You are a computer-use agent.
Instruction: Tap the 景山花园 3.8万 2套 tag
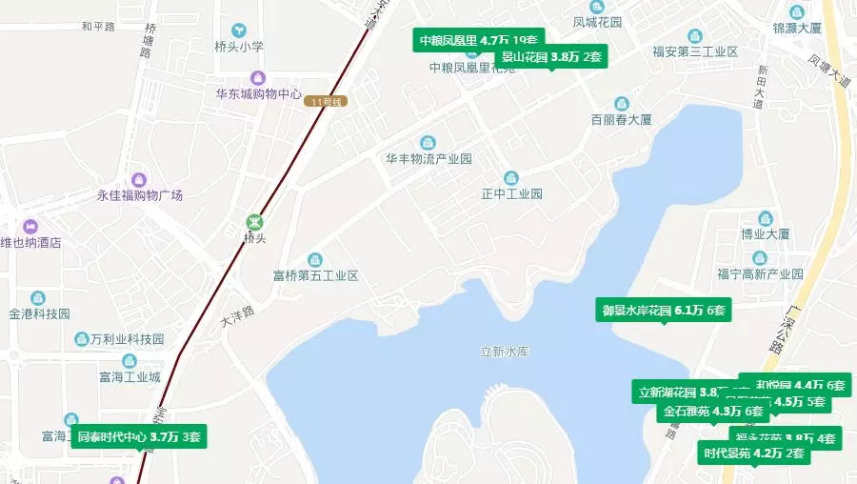[551, 56]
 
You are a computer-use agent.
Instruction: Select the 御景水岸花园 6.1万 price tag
[663, 310]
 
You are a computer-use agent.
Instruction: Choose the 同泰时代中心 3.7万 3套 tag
[138, 437]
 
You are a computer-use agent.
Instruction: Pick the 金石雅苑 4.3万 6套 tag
[713, 412]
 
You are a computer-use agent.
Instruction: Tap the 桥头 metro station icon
[253, 220]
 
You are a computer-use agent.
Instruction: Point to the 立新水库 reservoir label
[504, 352]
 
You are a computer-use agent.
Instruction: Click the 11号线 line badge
[325, 102]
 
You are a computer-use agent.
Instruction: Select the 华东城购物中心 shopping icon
[257, 77]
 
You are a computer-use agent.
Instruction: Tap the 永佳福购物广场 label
[139, 195]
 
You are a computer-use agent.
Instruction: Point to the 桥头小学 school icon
[238, 30]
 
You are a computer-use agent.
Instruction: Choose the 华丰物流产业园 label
[428, 159]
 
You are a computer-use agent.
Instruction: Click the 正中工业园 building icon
[511, 177]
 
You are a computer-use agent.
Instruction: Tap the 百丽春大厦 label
[621, 120]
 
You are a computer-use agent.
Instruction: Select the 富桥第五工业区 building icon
[314, 259]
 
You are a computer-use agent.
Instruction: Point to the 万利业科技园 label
[129, 339]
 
